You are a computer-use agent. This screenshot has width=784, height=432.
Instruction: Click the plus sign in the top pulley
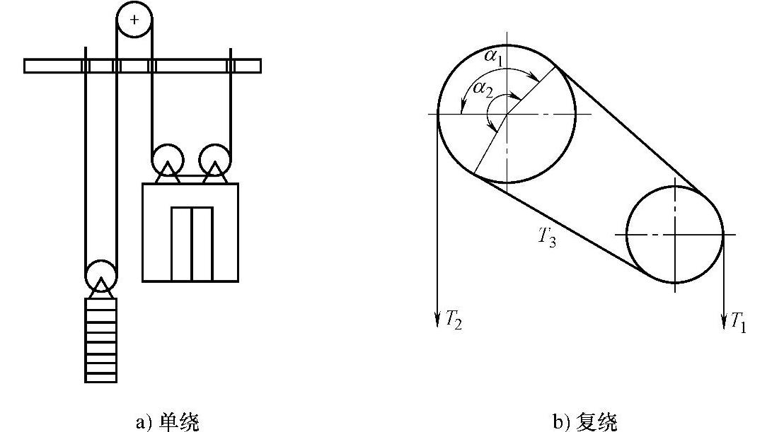coord(135,20)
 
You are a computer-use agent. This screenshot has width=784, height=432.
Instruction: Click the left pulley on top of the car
coord(168,158)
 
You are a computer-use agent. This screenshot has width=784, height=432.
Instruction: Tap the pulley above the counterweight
coord(100,274)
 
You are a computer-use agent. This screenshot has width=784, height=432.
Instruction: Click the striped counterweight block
coord(100,339)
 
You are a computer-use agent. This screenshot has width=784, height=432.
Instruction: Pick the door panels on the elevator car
coord(192,243)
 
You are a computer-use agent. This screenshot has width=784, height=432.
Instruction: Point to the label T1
coord(737,323)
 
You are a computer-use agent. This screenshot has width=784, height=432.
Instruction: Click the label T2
coord(452,320)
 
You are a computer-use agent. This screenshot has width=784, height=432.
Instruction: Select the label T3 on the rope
coord(546,235)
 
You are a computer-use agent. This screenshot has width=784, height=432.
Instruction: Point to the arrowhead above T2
coord(437,320)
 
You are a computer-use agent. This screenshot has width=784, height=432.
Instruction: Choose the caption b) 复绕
coord(584,422)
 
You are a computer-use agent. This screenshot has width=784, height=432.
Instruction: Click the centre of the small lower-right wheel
coord(675,233)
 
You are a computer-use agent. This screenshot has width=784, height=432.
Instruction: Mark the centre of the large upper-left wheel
coord(506,115)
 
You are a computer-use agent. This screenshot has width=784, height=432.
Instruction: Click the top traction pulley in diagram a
coord(135,20)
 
